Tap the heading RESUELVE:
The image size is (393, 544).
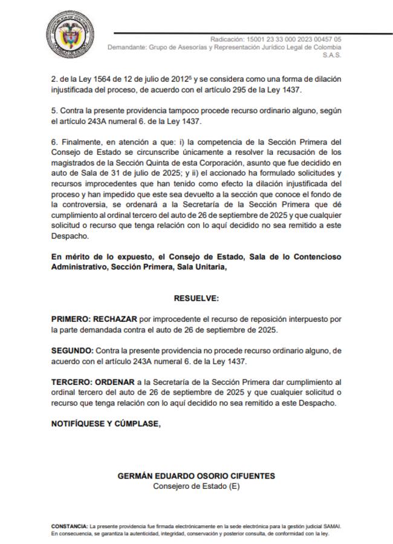197,298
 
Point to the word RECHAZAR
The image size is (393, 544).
114,318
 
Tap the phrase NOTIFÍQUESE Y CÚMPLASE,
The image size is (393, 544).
106,424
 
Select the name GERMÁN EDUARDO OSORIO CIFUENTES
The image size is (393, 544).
197,476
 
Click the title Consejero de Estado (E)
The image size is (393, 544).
197,486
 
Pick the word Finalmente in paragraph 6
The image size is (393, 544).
82,141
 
